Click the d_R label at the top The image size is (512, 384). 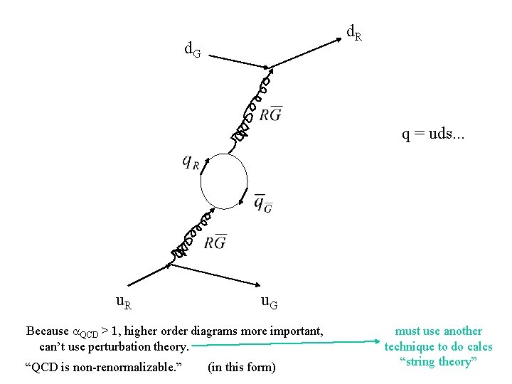[x=353, y=32]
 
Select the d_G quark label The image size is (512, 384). [x=192, y=50]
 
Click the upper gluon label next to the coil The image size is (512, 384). [x=270, y=114]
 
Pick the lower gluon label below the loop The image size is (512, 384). [x=215, y=242]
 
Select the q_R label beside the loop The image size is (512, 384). [x=191, y=163]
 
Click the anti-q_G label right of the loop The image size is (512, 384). [x=263, y=203]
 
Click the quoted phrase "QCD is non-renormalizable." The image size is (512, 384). [x=104, y=367]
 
